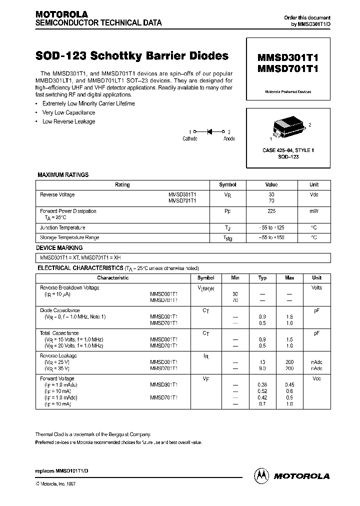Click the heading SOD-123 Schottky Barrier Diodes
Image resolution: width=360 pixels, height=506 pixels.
point(132,56)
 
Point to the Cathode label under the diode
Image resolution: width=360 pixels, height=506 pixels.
point(190,138)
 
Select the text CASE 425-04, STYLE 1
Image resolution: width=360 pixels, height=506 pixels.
point(288,150)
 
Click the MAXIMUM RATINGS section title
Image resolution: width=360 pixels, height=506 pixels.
point(63,175)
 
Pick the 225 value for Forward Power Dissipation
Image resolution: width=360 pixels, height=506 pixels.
point(271,211)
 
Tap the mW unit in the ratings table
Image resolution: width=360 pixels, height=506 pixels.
point(313,211)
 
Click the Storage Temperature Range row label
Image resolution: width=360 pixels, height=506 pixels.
point(69,237)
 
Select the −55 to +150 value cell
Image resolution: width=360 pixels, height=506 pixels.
point(271,237)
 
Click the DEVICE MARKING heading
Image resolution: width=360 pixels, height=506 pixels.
point(59,248)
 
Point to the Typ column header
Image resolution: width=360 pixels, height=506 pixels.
point(262,277)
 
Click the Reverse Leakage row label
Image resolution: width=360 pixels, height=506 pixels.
point(58,355)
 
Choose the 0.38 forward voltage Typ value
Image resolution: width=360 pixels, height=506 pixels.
point(262,384)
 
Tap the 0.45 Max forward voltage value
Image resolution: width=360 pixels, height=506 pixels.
point(289,384)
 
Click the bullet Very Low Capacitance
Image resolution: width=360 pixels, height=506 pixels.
point(68,112)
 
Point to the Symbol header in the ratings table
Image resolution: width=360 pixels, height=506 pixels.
point(227,184)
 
